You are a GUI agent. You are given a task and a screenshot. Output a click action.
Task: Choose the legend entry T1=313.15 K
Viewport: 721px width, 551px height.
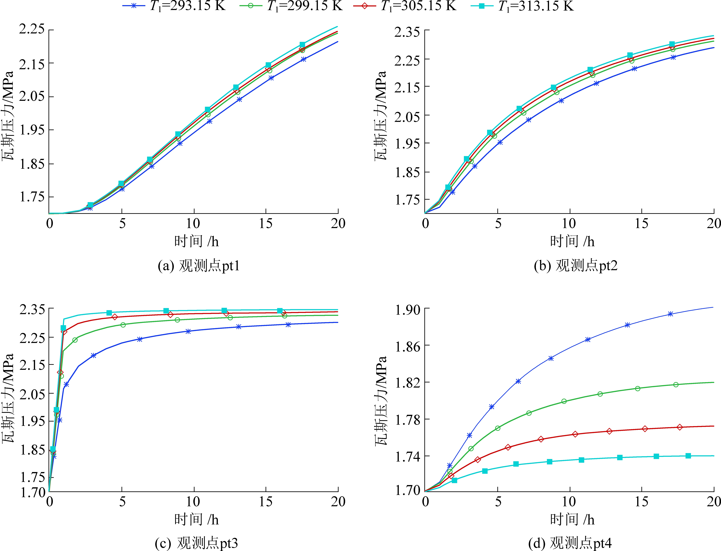pyautogui.click(x=522, y=6)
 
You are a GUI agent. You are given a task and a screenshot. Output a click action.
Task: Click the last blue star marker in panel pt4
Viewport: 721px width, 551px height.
pyautogui.click(x=670, y=314)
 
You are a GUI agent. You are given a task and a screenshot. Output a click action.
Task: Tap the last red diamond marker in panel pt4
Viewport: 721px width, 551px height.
pyautogui.click(x=680, y=427)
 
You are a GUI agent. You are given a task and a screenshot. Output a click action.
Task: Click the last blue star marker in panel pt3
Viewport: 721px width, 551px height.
pyautogui.click(x=288, y=325)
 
